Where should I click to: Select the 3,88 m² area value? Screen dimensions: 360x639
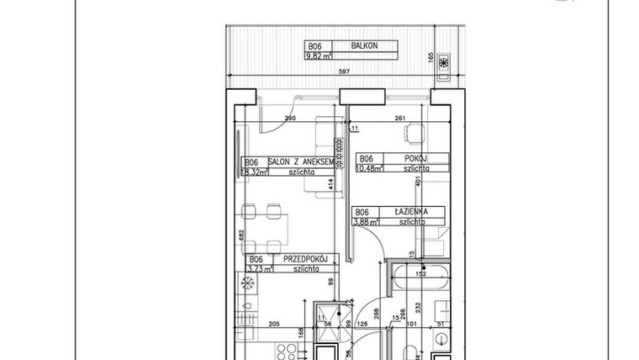coord(366,222)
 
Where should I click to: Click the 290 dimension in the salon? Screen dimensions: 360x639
coord(290,119)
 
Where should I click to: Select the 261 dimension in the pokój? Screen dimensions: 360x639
coord(400,119)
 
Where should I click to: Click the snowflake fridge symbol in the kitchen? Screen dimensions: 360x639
coord(248,284)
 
